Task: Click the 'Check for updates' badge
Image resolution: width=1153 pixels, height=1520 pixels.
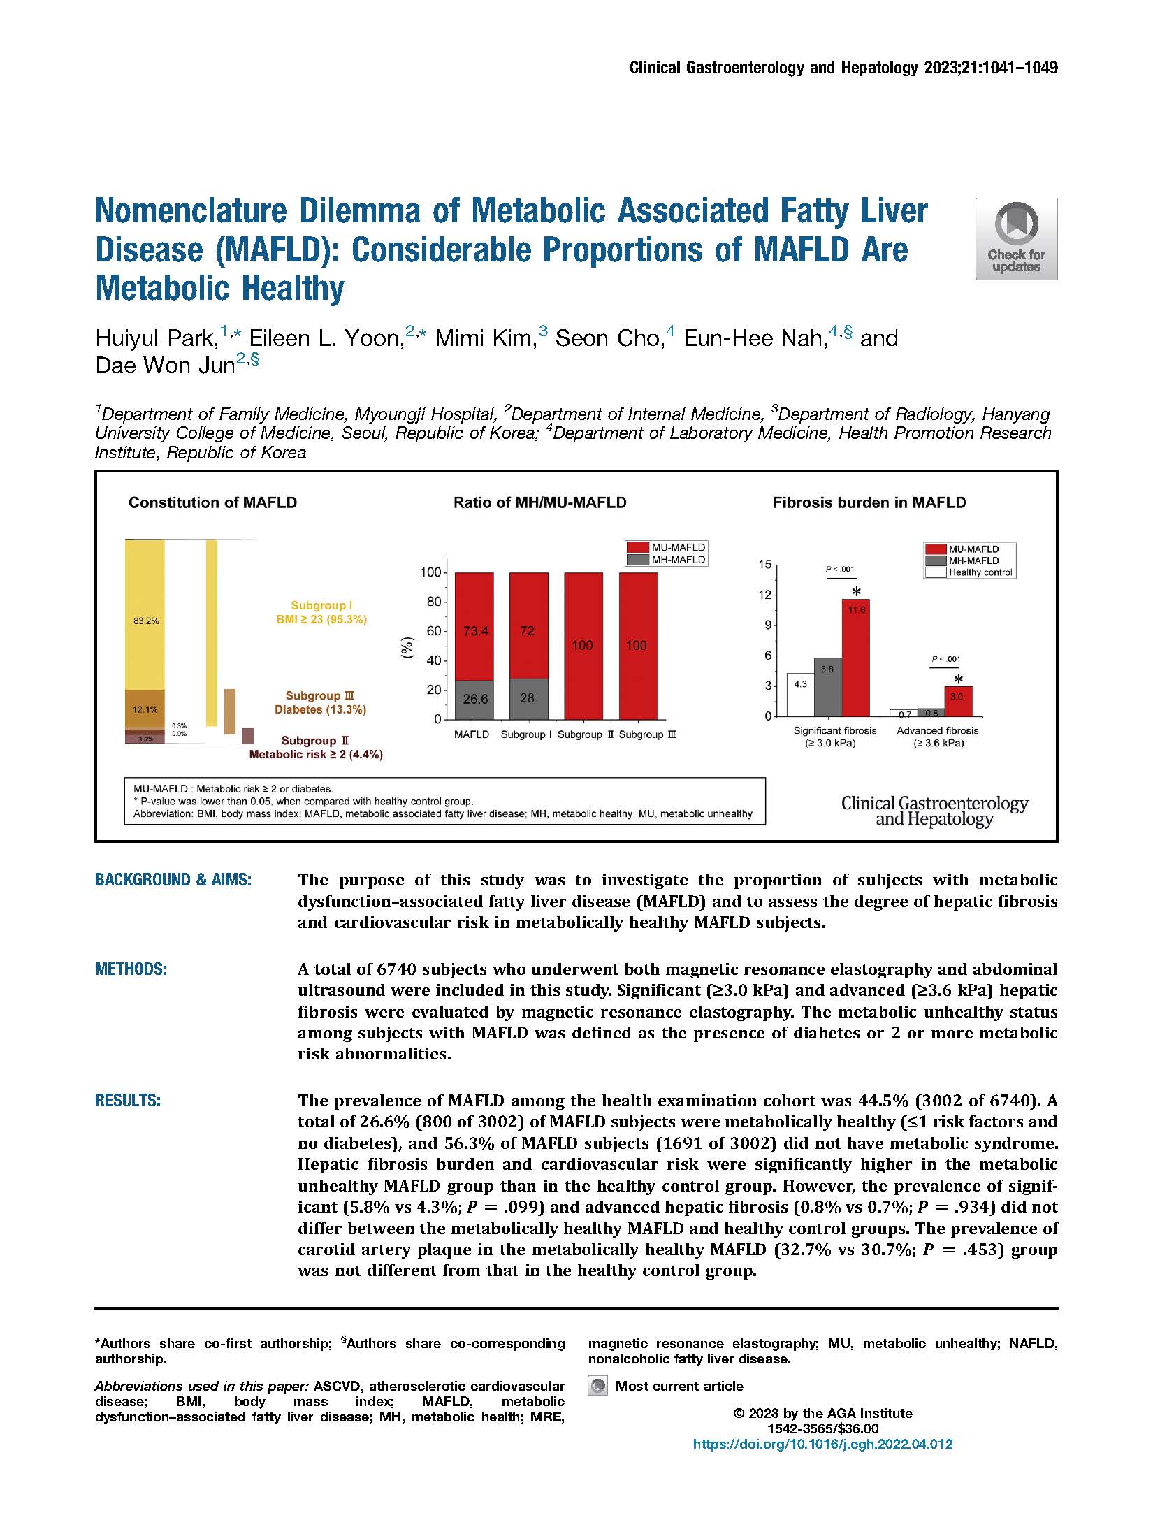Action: click(1016, 239)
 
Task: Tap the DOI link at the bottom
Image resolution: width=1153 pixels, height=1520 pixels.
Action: click(822, 1444)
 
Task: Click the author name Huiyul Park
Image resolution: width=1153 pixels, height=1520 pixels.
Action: click(156, 339)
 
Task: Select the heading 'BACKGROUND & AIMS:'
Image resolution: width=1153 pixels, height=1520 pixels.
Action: click(173, 880)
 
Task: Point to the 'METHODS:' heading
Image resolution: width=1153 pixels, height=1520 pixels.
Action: click(131, 969)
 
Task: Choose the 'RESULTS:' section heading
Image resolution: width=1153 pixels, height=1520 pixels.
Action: click(128, 1101)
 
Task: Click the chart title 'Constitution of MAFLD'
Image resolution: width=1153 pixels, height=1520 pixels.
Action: click(212, 502)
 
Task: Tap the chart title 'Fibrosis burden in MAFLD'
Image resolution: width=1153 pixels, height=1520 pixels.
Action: click(869, 502)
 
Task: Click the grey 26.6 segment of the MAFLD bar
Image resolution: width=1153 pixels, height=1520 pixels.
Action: click(474, 700)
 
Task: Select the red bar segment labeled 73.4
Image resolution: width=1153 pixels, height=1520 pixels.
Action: click(474, 627)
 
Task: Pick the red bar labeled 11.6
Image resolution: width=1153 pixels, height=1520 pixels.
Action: click(855, 658)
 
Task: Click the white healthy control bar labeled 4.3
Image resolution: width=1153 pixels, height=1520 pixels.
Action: click(801, 695)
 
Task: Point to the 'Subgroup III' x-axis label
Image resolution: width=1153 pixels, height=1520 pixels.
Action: click(647, 734)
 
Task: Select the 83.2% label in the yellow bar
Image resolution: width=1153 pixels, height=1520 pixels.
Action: click(145, 621)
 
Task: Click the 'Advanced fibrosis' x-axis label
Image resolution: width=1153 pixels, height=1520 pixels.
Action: click(937, 731)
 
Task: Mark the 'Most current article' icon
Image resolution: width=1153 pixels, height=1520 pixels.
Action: click(597, 1386)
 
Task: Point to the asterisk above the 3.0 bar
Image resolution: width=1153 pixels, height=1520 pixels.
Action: click(958, 679)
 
